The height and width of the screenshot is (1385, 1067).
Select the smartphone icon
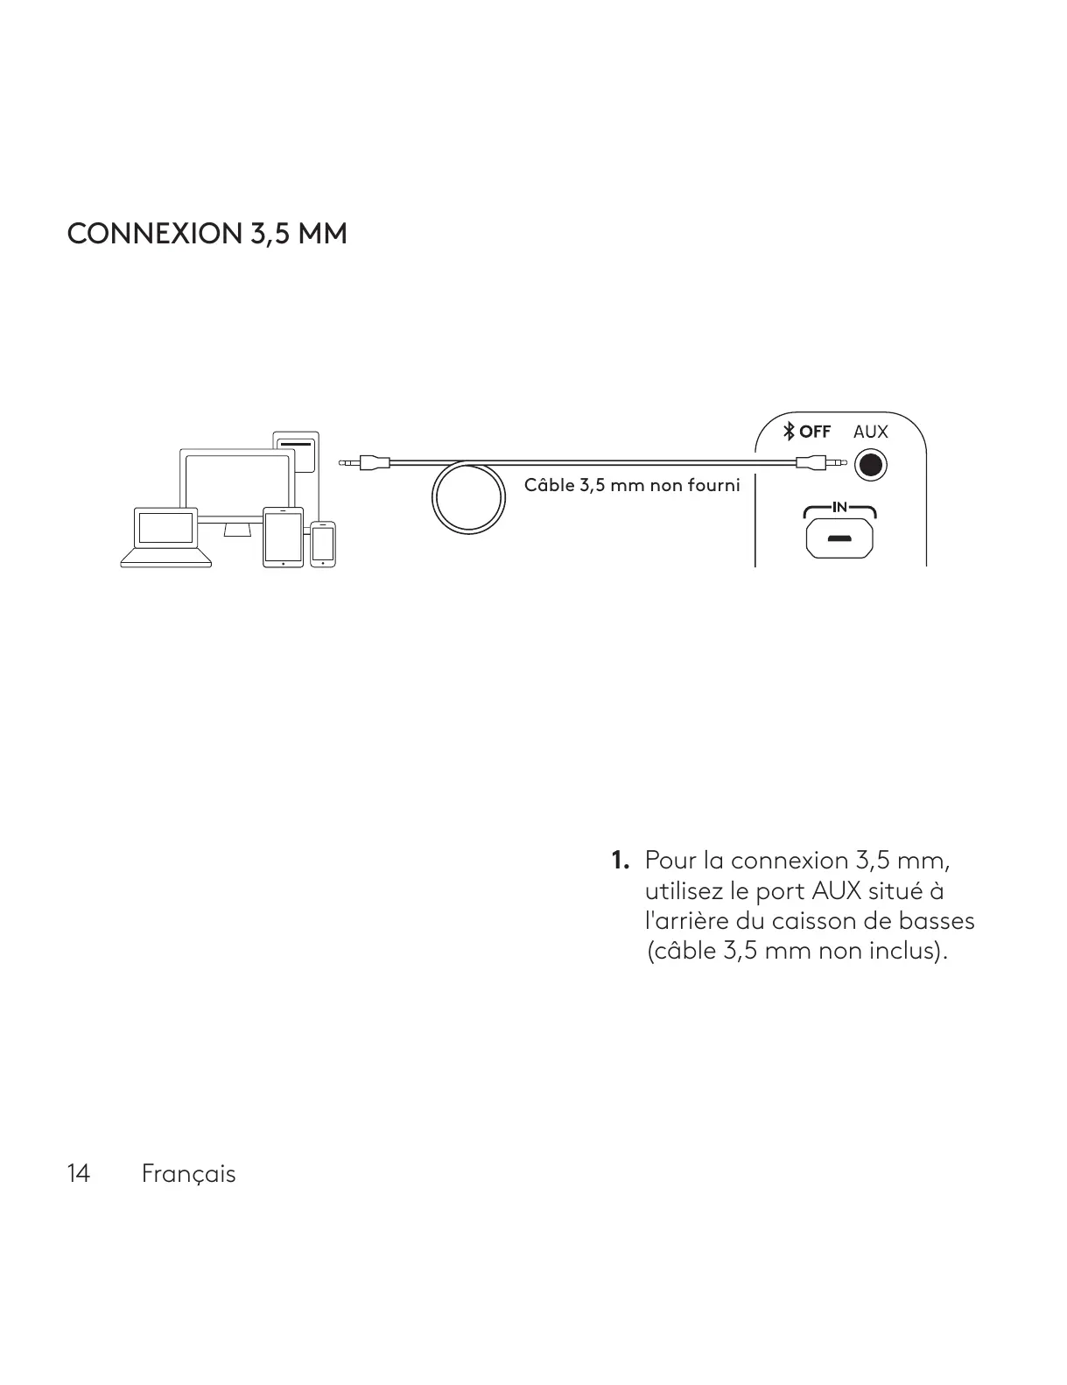point(323,544)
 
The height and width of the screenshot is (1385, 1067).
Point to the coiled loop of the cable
point(468,497)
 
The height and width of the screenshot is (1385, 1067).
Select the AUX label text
point(870,432)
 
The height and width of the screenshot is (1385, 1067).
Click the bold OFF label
point(815,432)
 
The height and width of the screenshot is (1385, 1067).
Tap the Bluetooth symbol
point(789,431)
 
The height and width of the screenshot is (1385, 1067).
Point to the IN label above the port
point(839,507)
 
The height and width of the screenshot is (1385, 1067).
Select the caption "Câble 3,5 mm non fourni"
point(631,485)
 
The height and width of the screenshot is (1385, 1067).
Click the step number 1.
point(620,861)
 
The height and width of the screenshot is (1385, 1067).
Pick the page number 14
point(78,1173)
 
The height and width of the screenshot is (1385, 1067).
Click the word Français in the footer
point(188,1174)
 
